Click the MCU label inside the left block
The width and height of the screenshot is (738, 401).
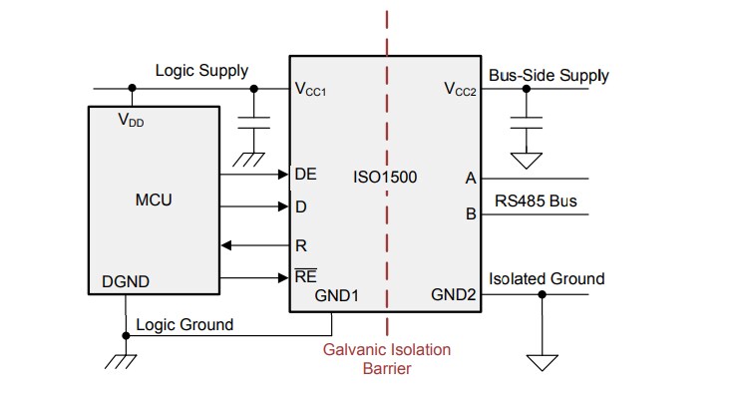click(x=153, y=200)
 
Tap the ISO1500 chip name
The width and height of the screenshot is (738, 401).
click(x=385, y=178)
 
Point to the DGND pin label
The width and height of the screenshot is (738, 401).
click(x=126, y=281)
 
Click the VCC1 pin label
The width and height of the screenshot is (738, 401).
click(x=310, y=90)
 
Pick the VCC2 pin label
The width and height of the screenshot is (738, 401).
click(x=460, y=90)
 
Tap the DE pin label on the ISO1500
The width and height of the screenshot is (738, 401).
click(x=305, y=174)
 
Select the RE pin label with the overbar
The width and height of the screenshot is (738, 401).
click(x=305, y=276)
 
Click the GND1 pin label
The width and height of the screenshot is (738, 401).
click(x=336, y=295)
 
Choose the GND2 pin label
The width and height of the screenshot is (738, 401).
click(x=454, y=295)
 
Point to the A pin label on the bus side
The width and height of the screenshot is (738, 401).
click(x=470, y=179)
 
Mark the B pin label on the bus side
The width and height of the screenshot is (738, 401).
click(x=471, y=212)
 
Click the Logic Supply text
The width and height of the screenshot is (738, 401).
click(x=201, y=71)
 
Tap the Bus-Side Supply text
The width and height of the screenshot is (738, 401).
click(x=549, y=75)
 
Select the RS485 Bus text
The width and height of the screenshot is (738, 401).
click(x=536, y=200)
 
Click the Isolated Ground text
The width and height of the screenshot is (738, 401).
click(x=546, y=278)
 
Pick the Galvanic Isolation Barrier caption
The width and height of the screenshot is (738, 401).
click(x=386, y=358)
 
